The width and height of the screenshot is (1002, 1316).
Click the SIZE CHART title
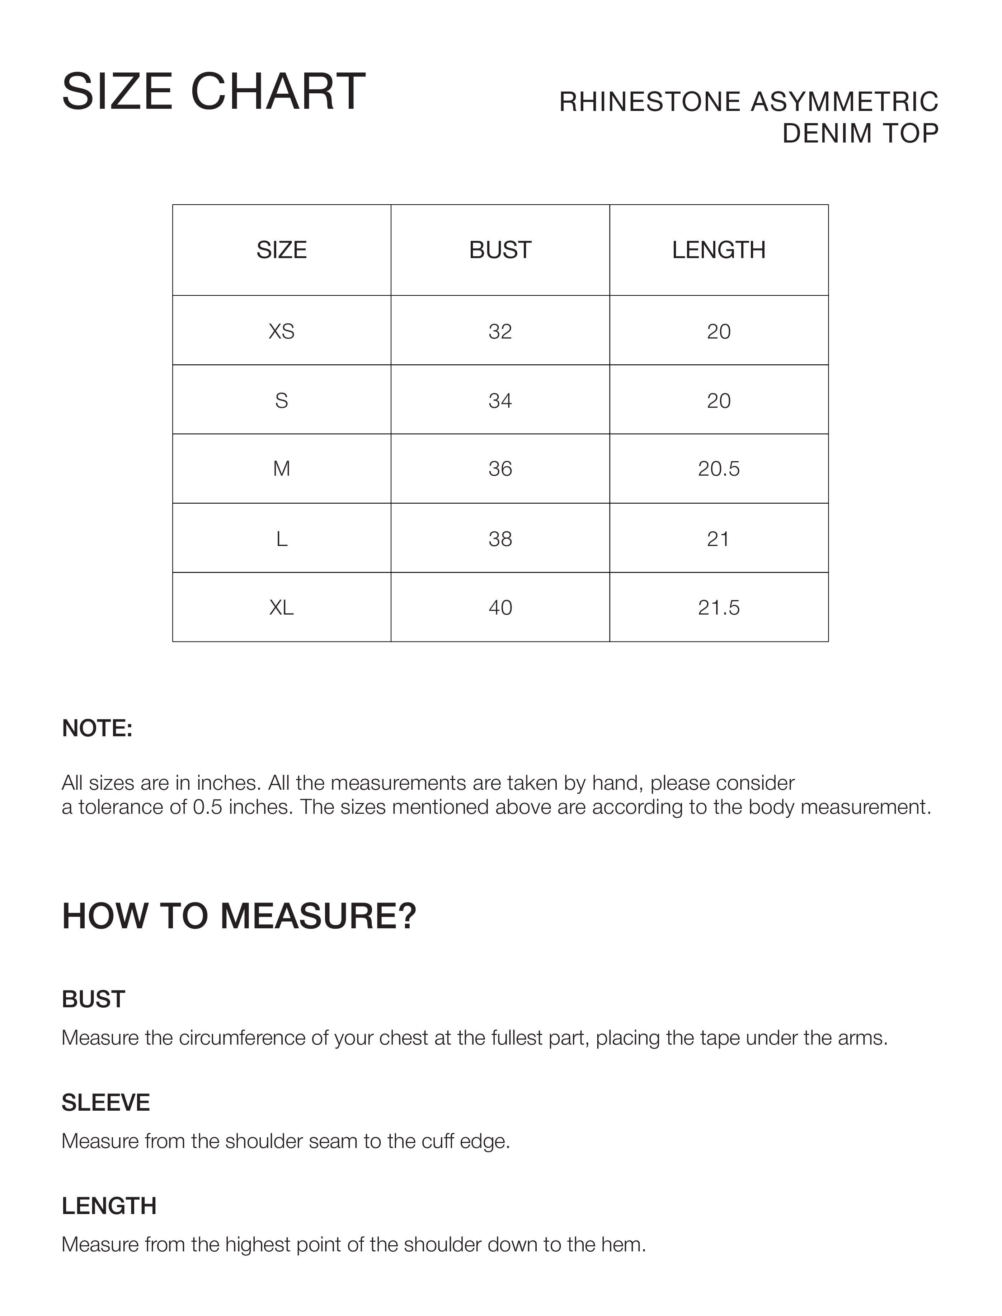[213, 92]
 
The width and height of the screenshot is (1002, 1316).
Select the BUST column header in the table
[500, 250]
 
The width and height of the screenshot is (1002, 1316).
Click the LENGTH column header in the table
[719, 250]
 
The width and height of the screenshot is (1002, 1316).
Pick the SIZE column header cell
[282, 250]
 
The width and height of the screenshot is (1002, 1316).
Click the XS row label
[282, 331]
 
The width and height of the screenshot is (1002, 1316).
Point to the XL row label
[282, 608]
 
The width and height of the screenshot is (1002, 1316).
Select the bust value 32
[500, 331]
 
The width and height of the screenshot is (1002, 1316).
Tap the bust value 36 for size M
[500, 469]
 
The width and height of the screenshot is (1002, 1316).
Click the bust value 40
[500, 608]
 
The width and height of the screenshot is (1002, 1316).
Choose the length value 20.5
[719, 469]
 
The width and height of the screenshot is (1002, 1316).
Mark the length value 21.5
[719, 608]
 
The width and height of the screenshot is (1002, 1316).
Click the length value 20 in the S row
[719, 401]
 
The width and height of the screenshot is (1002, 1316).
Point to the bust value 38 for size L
[500, 539]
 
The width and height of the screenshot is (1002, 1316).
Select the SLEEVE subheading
[105, 1102]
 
